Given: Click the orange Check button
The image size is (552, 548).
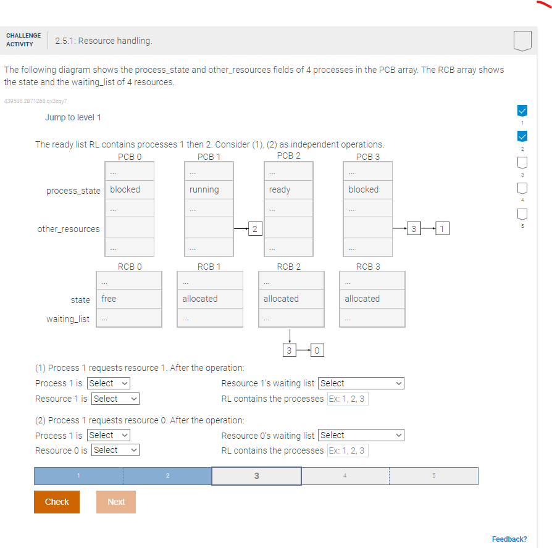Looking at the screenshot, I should (x=57, y=502).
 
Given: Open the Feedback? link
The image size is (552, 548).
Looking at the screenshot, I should (x=509, y=539).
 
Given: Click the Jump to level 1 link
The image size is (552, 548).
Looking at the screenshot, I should (x=73, y=117).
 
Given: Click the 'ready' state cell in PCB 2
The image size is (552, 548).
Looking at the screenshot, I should (x=288, y=189).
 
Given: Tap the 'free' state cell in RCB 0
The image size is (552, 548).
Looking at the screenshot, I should (x=129, y=299).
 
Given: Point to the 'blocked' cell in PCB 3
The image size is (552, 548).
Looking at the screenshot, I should (x=367, y=189).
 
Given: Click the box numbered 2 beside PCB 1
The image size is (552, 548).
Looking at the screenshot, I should (x=254, y=229).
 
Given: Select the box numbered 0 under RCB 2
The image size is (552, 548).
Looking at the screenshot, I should (x=316, y=351).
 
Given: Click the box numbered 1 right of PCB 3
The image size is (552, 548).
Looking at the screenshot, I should (x=441, y=229).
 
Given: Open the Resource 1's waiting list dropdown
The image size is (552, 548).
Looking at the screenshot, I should (x=361, y=383).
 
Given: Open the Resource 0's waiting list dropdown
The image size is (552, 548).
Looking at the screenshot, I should (x=361, y=435).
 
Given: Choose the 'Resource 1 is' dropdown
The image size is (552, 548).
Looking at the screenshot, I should (x=115, y=399).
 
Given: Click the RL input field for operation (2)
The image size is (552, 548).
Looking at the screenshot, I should (x=347, y=450).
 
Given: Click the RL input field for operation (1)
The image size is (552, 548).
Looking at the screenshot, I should (x=347, y=399).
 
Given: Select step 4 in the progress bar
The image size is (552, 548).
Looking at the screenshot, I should (x=345, y=476).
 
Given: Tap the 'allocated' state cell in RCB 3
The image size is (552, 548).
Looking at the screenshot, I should (x=372, y=299).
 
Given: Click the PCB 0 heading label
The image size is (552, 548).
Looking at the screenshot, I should (x=130, y=157).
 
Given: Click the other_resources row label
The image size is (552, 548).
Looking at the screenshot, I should (x=69, y=229).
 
